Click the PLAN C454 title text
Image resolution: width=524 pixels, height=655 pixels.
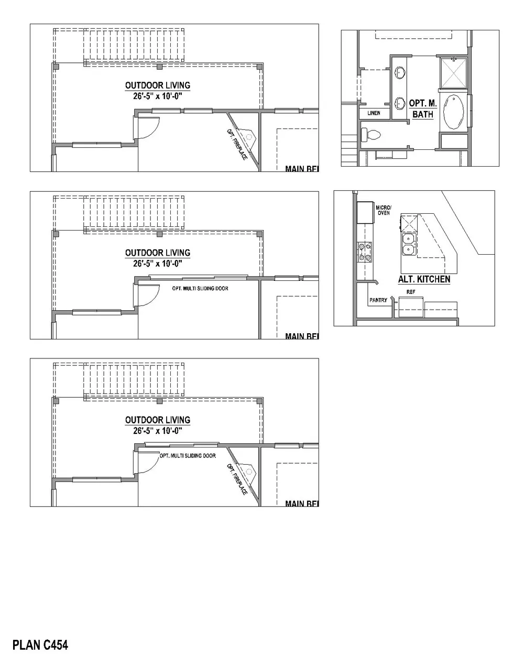(40, 644)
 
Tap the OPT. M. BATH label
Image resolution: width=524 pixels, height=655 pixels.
(422, 108)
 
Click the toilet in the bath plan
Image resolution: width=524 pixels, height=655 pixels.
(373, 135)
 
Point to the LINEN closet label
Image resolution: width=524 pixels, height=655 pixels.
(374, 113)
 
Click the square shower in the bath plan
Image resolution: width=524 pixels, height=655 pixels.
(454, 72)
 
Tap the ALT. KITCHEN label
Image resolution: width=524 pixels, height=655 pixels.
(424, 279)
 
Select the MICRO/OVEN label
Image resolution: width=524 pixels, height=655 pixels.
(384, 210)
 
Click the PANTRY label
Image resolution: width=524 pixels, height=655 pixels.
(378, 300)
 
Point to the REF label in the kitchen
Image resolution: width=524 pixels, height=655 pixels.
(411, 292)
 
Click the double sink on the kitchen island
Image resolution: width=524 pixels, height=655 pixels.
(408, 243)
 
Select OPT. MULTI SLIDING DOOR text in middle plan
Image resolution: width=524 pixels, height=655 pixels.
(200, 288)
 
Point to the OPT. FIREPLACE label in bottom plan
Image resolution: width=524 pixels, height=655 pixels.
(237, 479)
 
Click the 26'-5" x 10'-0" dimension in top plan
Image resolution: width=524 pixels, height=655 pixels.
(157, 96)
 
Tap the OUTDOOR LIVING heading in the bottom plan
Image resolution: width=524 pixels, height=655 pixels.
(157, 420)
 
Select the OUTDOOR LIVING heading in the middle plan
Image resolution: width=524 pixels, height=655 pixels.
(157, 253)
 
